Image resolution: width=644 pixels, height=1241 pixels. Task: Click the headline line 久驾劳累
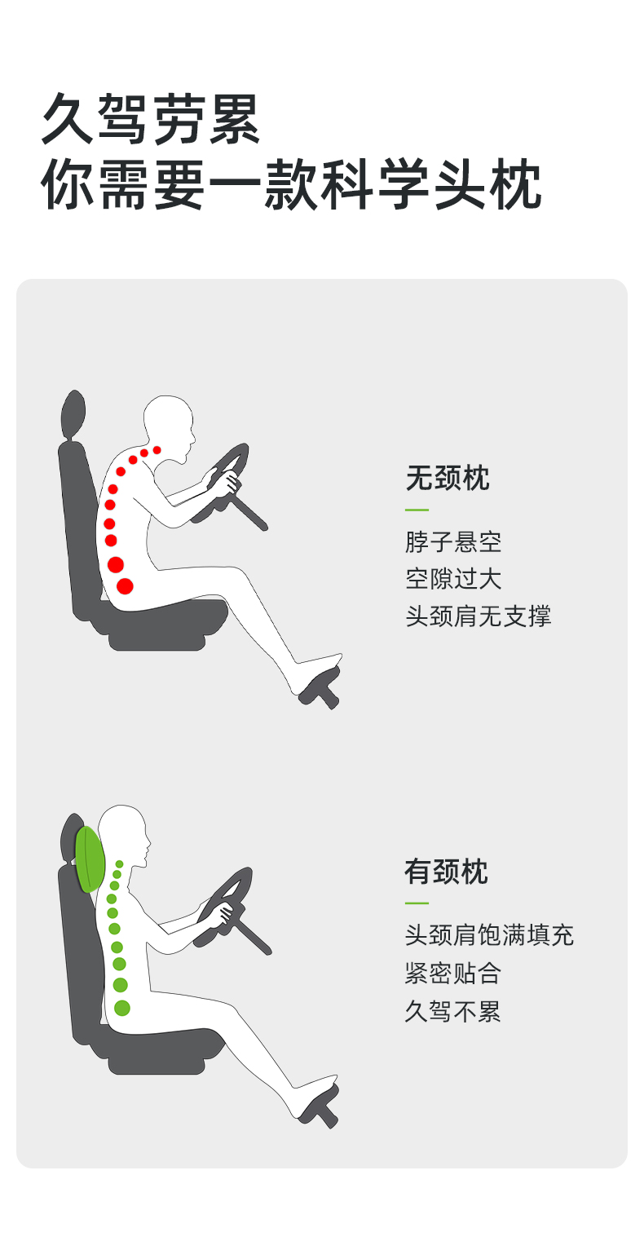pyautogui.click(x=151, y=118)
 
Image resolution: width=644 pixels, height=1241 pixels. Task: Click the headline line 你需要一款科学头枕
pyautogui.click(x=291, y=184)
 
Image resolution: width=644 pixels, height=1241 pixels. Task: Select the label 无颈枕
pyautogui.click(x=448, y=478)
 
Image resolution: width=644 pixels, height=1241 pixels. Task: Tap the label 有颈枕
pyautogui.click(x=446, y=872)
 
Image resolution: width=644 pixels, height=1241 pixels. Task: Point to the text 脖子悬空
pyautogui.click(x=453, y=542)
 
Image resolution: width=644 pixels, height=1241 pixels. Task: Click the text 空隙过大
pyautogui.click(x=453, y=579)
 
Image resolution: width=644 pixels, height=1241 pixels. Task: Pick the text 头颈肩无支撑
pyautogui.click(x=479, y=616)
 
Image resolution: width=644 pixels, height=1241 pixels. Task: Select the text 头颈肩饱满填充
pyautogui.click(x=489, y=935)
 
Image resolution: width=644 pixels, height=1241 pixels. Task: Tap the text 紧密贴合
pyautogui.click(x=453, y=974)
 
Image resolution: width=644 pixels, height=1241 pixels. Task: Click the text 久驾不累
pyautogui.click(x=453, y=1011)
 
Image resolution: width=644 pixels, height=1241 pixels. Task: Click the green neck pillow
pyautogui.click(x=90, y=859)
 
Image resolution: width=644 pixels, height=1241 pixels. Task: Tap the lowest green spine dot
pyautogui.click(x=121, y=1008)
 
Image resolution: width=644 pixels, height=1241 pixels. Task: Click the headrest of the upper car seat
pyautogui.click(x=73, y=416)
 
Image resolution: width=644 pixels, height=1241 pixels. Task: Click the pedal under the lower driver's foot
pyautogui.click(x=319, y=1108)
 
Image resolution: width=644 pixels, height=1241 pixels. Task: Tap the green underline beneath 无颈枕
pyautogui.click(x=417, y=510)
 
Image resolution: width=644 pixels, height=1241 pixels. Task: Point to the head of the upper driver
pyautogui.click(x=169, y=426)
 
